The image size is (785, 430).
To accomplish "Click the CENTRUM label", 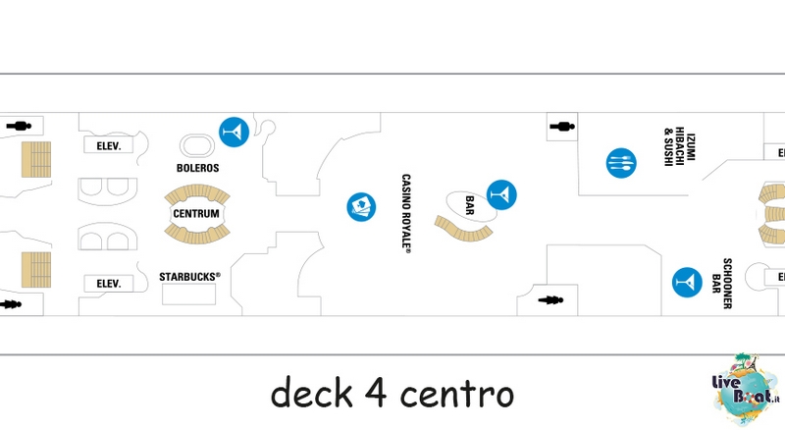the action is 196,213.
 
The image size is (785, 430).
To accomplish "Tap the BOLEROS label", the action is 198,168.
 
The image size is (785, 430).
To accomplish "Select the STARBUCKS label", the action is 189,277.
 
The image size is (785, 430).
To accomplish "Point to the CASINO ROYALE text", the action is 406,213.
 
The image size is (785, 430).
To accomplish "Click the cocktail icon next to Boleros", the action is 235,133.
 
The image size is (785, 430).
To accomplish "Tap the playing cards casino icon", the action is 361,206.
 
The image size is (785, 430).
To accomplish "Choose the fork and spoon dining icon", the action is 621,163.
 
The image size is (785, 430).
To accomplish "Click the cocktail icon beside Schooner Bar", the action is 687,282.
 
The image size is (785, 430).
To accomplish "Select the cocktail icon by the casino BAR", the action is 501,195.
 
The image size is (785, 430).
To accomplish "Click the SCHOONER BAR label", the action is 722,283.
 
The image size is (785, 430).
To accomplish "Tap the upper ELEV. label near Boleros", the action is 109,146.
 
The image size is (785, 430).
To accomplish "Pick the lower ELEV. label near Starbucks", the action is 109,284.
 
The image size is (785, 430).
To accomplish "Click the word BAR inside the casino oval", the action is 470,205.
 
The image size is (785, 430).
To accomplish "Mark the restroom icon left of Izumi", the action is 562,127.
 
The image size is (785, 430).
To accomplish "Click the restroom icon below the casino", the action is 550,300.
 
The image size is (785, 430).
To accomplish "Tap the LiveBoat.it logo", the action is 746,389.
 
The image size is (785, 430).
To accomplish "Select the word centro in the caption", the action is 457,394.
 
